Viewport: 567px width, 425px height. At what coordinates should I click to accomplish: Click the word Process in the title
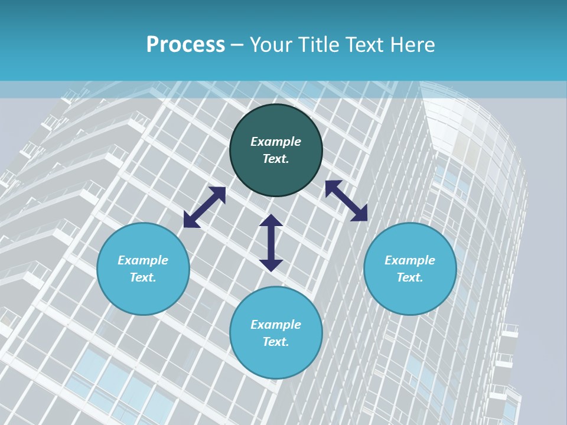point(185,45)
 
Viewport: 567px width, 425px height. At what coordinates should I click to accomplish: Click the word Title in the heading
point(318,45)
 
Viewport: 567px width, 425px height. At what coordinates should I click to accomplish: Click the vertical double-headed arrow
point(271,243)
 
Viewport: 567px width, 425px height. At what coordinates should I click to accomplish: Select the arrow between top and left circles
point(204,207)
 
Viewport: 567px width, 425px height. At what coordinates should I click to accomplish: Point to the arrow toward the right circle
point(347,201)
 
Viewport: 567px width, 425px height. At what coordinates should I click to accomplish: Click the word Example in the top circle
point(276,142)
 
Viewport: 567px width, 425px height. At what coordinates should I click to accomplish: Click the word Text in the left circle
point(142,277)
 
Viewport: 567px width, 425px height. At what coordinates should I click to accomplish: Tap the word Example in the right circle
point(410,260)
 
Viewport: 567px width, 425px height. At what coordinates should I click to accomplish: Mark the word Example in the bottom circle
point(276,325)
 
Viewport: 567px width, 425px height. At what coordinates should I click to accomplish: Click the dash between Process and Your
point(237,45)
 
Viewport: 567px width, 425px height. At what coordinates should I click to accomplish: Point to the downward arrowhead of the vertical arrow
point(271,265)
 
